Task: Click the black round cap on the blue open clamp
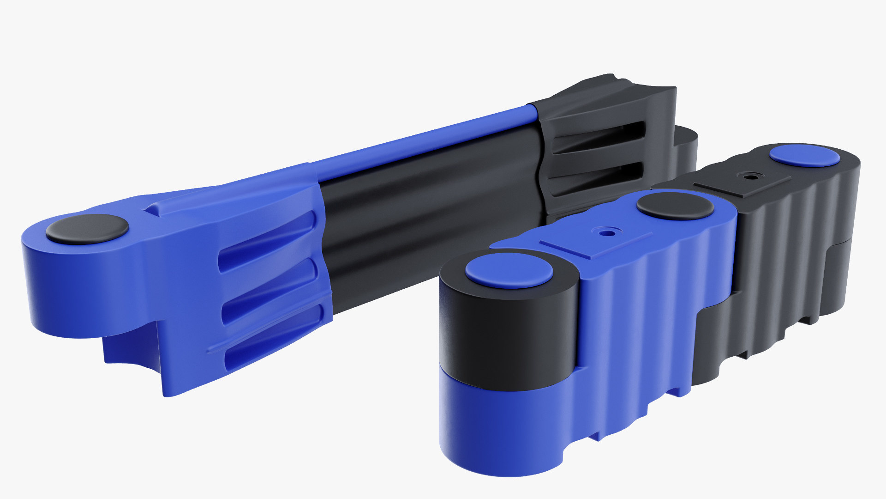tap(87, 229)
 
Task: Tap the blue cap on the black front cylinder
tap(509, 270)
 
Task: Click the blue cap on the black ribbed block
tap(805, 155)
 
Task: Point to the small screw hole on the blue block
tap(606, 233)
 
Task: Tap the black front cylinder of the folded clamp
tap(508, 333)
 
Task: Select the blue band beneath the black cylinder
tap(503, 430)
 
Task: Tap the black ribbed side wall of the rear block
tap(794, 259)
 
